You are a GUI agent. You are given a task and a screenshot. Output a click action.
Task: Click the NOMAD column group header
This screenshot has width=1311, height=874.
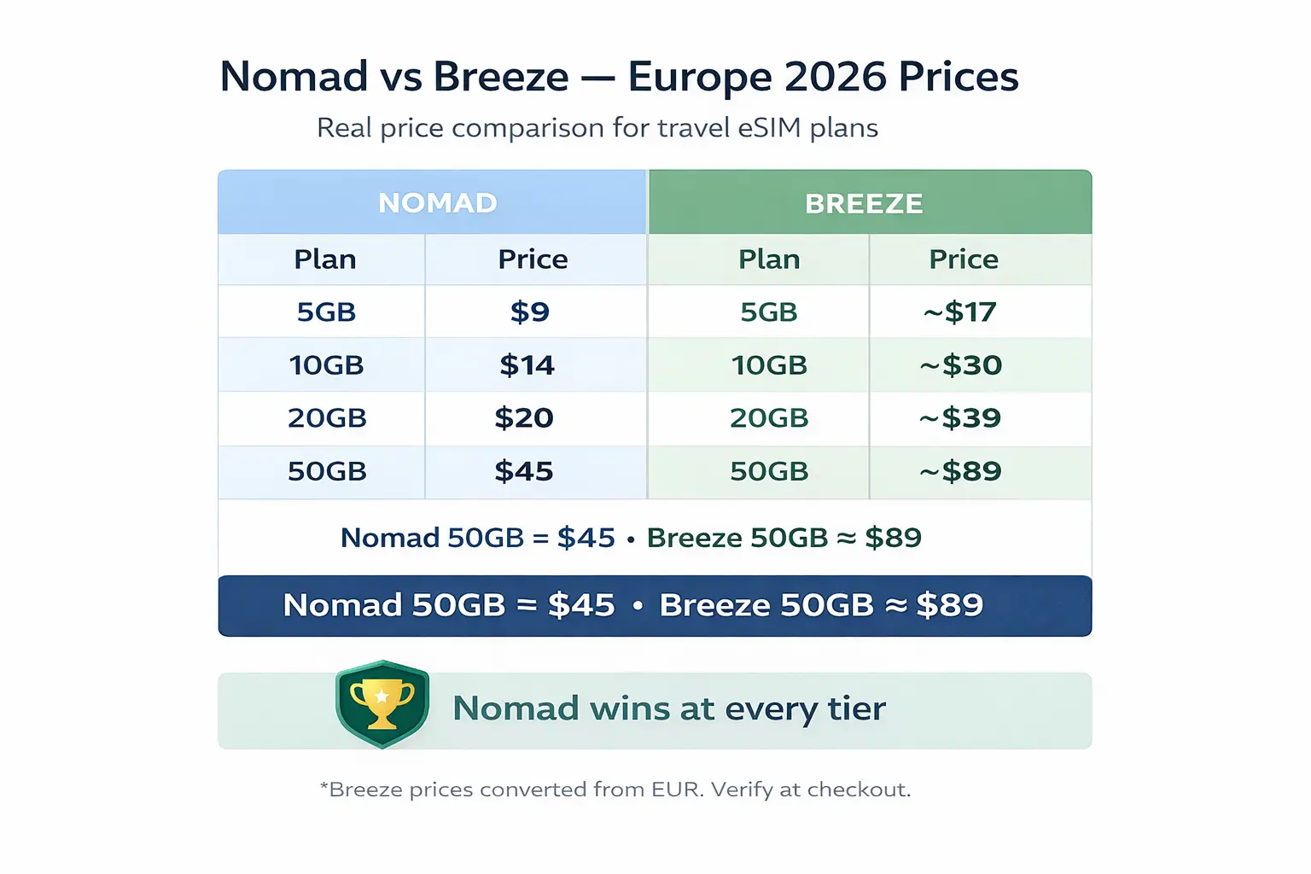[437, 203]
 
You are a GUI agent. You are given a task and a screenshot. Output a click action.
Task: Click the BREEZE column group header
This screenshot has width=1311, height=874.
[864, 204]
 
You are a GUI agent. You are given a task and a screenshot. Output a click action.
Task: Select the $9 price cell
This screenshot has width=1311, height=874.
[530, 312]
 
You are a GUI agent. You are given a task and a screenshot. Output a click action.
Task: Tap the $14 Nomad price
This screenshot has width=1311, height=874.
[527, 365]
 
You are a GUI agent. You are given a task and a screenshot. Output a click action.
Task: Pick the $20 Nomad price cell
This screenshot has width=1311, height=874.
[524, 418]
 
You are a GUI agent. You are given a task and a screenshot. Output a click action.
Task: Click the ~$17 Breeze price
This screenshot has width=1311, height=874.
[960, 312]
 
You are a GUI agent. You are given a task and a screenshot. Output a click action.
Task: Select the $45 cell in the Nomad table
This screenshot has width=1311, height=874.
[524, 471]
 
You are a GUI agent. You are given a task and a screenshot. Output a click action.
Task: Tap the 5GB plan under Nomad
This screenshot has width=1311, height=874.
[326, 312]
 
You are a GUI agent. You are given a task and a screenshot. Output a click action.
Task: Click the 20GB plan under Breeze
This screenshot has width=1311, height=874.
[769, 418]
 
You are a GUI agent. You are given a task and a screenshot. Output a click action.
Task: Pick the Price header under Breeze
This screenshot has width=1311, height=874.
[964, 259]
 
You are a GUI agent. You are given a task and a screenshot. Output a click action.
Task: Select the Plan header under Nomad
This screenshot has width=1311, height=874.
[325, 259]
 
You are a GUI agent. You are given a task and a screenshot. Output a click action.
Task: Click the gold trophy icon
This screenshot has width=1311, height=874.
[382, 703]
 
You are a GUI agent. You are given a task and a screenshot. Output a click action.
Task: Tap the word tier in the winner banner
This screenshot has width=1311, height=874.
[856, 708]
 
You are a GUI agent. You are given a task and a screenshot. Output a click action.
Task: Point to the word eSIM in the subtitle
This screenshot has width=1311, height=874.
[770, 128]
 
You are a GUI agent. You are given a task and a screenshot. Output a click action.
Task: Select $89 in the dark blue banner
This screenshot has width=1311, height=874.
[950, 605]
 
